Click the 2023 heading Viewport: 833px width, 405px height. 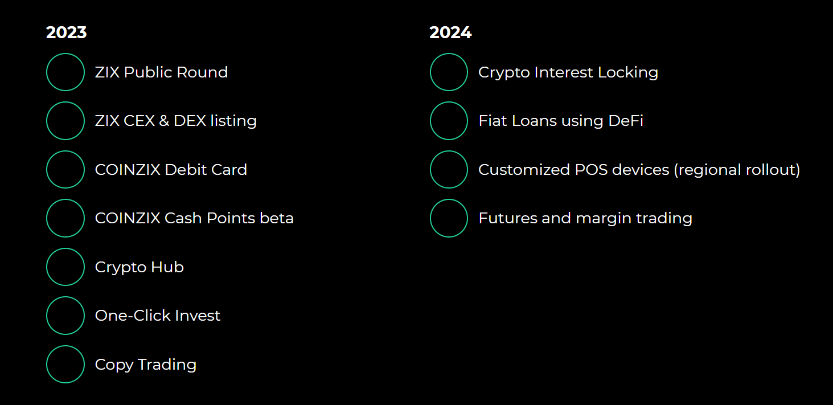click(x=66, y=32)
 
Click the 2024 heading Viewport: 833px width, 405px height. click(x=450, y=32)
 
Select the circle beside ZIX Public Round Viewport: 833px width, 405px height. click(x=65, y=72)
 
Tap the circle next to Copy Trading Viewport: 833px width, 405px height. click(x=65, y=365)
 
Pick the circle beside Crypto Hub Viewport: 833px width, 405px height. click(x=65, y=267)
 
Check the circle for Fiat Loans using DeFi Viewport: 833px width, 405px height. click(x=449, y=121)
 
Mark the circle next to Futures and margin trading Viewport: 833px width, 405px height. click(x=449, y=218)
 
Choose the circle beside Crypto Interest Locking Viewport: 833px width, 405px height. click(x=449, y=72)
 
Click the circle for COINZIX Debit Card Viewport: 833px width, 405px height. click(x=65, y=170)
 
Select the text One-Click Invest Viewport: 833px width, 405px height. click(x=158, y=316)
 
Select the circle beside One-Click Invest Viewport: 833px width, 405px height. click(x=65, y=316)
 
